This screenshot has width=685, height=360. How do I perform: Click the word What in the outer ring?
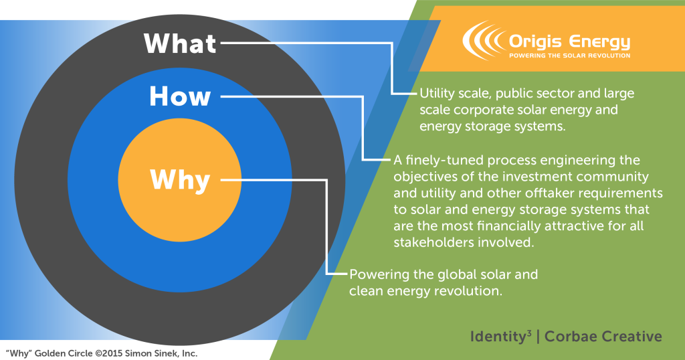click(x=180, y=43)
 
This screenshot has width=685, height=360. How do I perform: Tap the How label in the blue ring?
click(x=180, y=96)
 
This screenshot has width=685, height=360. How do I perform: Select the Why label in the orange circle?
click(x=180, y=180)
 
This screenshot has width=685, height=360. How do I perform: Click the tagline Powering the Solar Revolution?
click(x=570, y=56)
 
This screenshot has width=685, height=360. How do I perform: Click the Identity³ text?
click(x=501, y=337)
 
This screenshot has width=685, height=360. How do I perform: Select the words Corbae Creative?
click(x=603, y=337)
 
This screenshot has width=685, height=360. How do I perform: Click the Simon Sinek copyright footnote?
click(x=102, y=353)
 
